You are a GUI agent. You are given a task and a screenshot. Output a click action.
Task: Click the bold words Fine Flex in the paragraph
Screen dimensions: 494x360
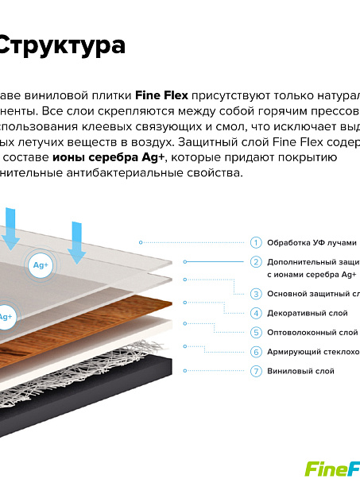pos(161,96)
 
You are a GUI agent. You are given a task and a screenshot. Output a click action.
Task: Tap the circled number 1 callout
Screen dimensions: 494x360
pos(256,242)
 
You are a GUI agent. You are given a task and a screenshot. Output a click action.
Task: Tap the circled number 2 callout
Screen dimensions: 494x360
pos(256,261)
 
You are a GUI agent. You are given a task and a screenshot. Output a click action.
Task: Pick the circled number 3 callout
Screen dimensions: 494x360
pos(256,294)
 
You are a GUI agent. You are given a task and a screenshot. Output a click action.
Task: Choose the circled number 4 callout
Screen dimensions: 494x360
pos(256,313)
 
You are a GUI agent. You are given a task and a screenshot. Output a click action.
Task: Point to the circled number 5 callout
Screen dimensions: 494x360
pos(256,332)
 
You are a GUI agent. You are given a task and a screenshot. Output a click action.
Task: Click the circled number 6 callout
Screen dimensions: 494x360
pos(256,352)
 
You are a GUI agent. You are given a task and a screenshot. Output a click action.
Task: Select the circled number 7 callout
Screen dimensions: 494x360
pos(256,371)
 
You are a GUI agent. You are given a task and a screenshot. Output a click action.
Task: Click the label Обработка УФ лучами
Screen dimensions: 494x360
pos(312,242)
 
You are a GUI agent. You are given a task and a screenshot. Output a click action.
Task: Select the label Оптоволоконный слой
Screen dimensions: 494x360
pos(312,332)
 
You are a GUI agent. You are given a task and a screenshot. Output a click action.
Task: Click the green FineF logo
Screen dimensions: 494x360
pos(332,469)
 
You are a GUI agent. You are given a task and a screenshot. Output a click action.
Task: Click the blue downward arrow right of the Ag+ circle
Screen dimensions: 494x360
pos(76,241)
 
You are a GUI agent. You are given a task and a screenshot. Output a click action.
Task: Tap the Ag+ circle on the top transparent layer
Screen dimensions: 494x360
pos(41,265)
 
